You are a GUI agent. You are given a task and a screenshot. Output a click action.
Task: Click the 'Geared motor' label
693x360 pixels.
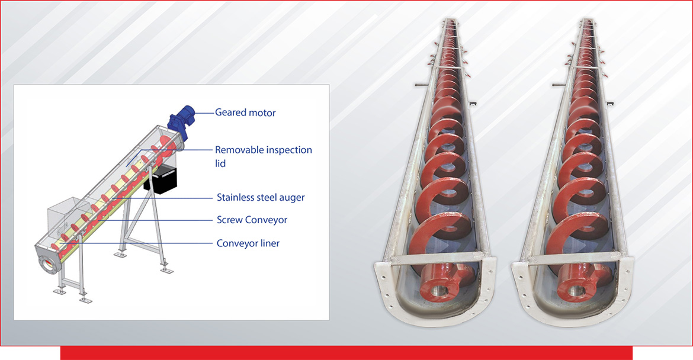tap(245, 112)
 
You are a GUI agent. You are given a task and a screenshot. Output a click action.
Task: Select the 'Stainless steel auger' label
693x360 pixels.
tap(261, 197)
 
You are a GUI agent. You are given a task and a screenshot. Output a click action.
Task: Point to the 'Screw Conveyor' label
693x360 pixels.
tap(252, 220)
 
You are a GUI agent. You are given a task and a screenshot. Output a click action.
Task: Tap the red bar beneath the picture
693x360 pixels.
tap(346, 353)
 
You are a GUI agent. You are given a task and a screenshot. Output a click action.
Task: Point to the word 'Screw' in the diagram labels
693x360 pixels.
tap(229, 220)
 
